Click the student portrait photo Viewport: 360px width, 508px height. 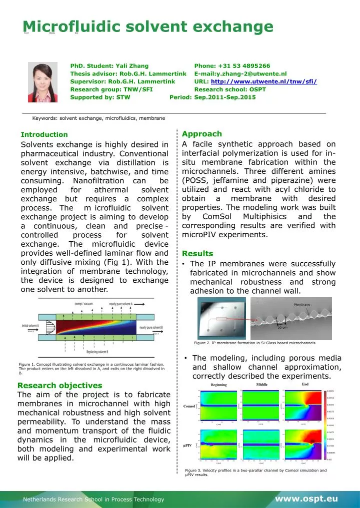click(x=43, y=82)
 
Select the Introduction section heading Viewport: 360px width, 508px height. click(x=44, y=134)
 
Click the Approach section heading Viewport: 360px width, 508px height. click(x=202, y=134)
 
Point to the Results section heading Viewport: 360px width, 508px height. click(x=198, y=253)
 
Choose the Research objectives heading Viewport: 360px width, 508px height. click(x=59, y=385)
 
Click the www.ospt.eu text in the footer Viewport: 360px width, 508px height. click(x=306, y=499)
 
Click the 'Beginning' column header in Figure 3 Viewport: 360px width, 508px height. click(x=218, y=385)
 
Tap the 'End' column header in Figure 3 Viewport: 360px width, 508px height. click(x=305, y=384)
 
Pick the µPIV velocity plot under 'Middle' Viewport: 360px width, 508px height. click(x=261, y=444)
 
